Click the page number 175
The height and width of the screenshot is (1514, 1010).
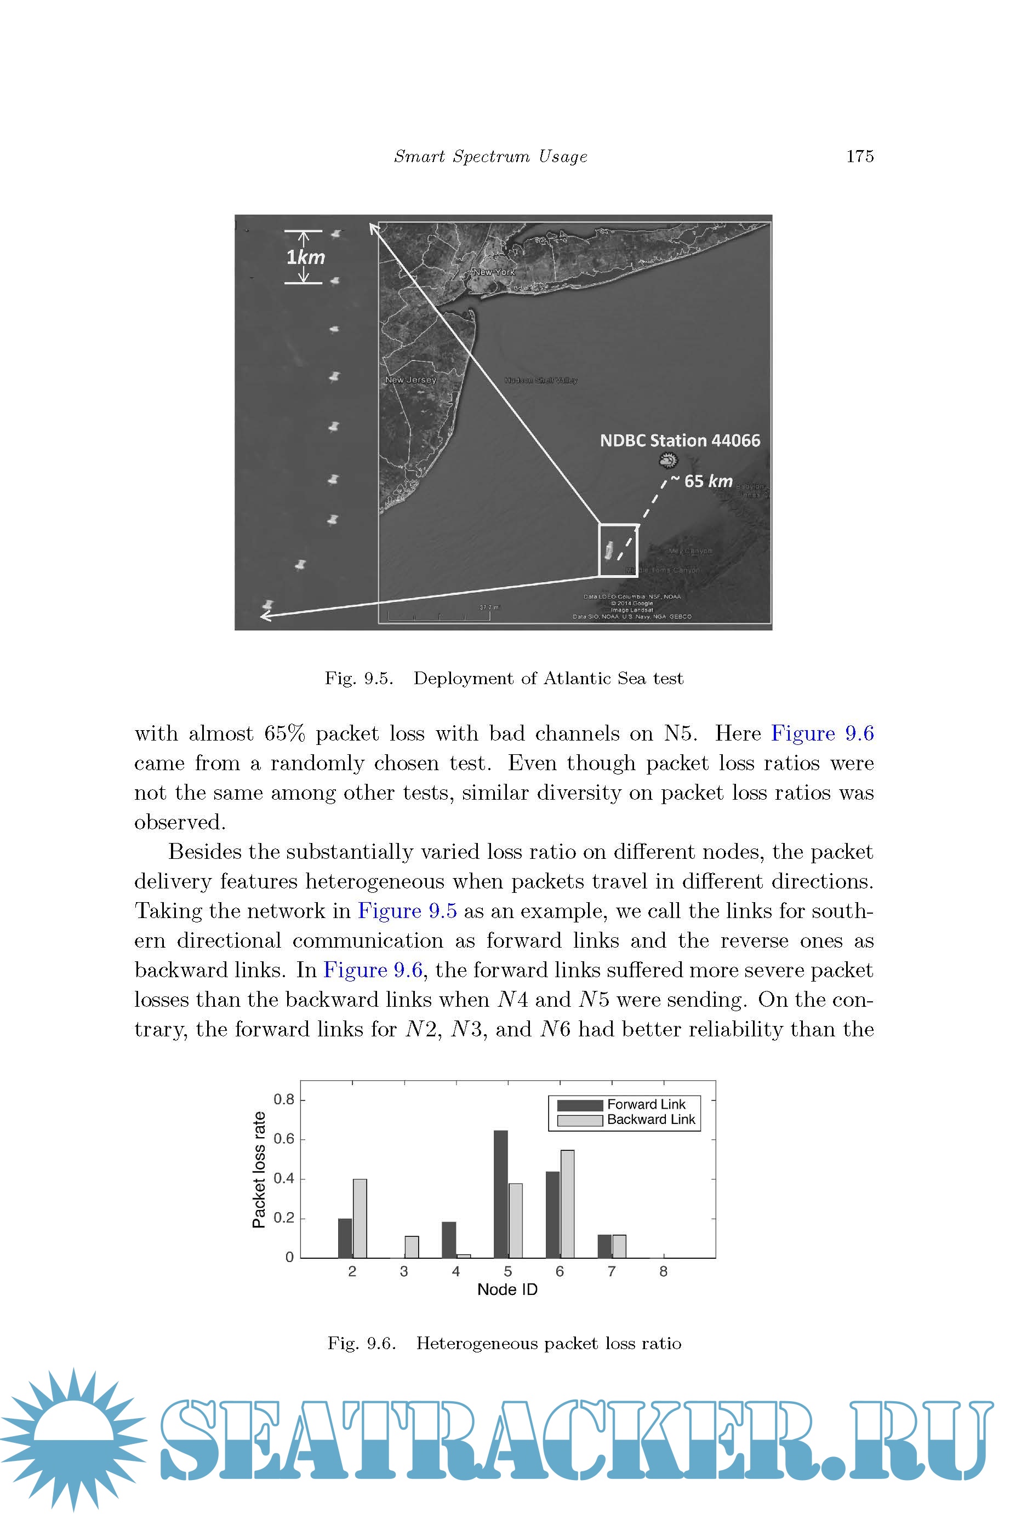pos(859,157)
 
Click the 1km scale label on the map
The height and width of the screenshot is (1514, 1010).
pos(305,257)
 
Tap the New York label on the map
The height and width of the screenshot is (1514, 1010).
pos(494,272)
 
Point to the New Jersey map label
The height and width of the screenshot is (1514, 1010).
pos(411,380)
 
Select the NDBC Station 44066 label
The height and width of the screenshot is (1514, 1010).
pos(680,440)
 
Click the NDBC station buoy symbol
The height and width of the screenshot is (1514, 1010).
pos(669,460)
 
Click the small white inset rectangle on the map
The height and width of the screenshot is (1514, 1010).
pos(618,550)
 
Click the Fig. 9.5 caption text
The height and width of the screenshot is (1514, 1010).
pos(504,679)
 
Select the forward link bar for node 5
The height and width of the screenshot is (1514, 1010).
pos(500,1194)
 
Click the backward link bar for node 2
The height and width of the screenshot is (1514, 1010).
pos(360,1219)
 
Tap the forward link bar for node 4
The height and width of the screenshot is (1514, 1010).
pos(449,1240)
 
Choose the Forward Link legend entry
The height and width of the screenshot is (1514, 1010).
pos(646,1105)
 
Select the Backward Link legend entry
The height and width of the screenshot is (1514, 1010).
pos(650,1120)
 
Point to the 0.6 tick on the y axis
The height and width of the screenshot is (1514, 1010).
pos(283,1139)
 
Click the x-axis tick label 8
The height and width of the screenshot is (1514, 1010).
pos(664,1271)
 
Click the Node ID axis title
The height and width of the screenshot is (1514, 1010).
pos(507,1289)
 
